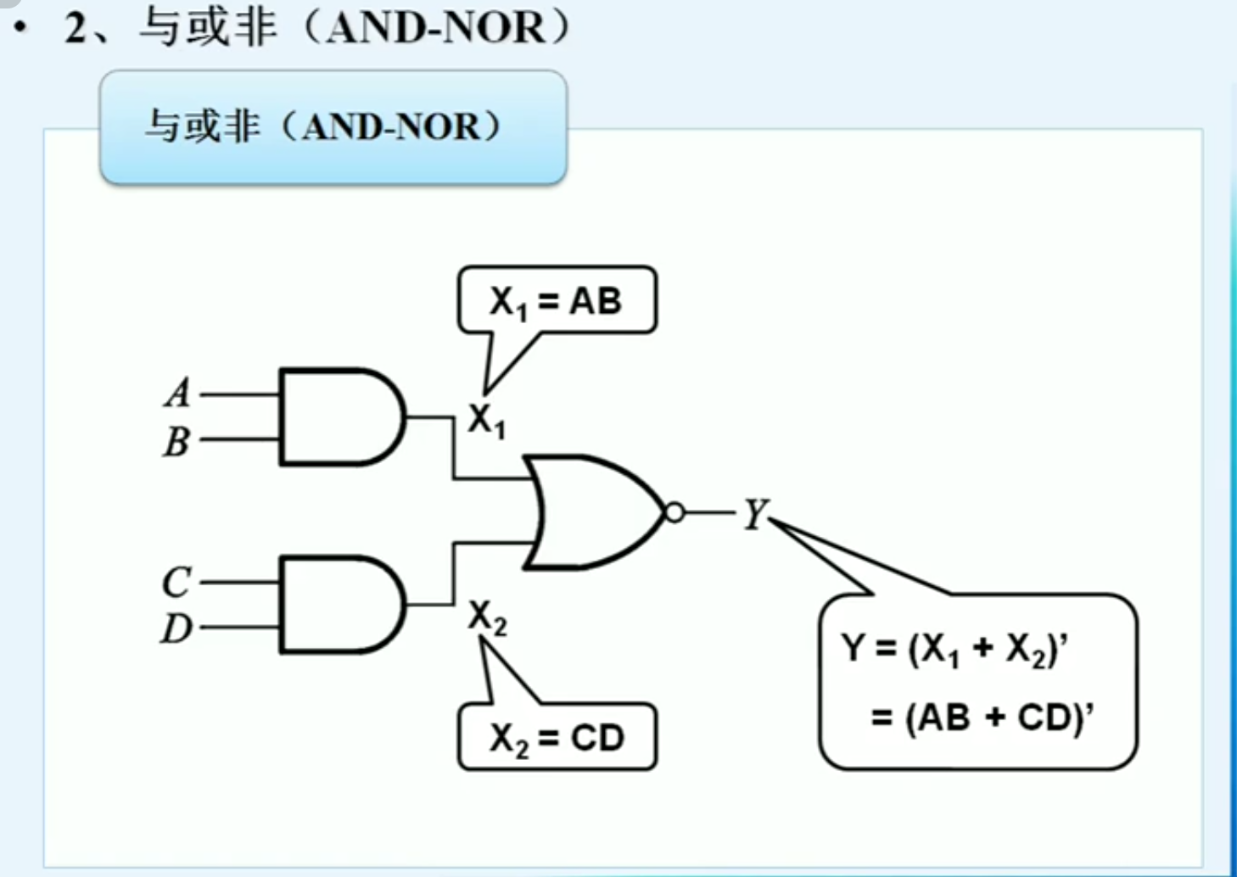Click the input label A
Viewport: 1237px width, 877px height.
pos(178,393)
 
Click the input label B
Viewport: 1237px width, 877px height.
pos(176,441)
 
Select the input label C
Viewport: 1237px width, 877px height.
pos(176,583)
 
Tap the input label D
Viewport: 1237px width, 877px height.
pos(176,628)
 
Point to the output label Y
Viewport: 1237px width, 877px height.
pos(754,513)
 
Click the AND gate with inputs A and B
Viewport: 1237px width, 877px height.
pos(339,417)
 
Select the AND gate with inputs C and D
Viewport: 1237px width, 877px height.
pos(339,605)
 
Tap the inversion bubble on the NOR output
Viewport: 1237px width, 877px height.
pos(674,512)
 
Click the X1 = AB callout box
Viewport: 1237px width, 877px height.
pos(557,301)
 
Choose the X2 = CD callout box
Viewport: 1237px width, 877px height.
pos(557,737)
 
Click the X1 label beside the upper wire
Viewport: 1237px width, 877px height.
pos(487,420)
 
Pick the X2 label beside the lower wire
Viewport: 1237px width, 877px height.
pos(488,617)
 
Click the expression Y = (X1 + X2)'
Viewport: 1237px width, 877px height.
pos(954,649)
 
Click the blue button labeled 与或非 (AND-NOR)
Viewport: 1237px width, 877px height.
pos(333,127)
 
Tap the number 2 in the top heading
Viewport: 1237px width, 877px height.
pos(76,28)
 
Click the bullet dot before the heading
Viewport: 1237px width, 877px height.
pos(20,28)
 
